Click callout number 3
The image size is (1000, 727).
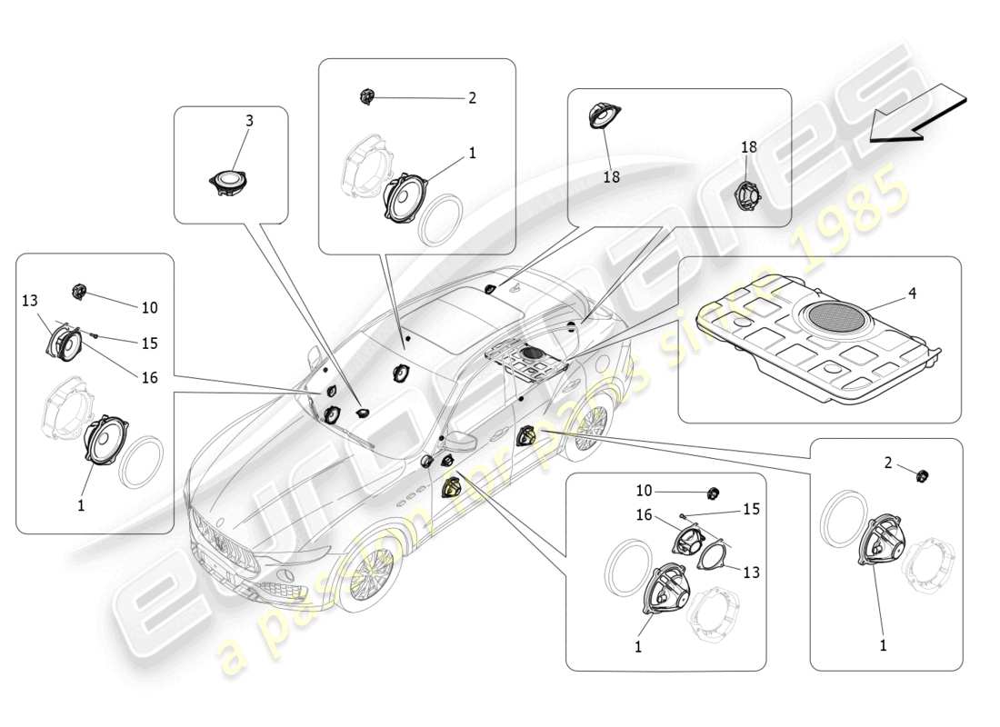249,120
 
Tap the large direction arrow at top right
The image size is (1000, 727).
915,114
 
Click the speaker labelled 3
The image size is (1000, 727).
228,181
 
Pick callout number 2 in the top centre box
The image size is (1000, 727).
472,98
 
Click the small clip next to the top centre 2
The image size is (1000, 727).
367,95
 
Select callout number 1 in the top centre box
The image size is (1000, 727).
472,154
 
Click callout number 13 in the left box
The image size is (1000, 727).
31,301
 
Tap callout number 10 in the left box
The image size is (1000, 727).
149,307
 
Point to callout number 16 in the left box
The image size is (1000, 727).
149,375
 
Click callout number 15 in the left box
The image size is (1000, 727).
149,343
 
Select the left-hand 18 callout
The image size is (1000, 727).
611,177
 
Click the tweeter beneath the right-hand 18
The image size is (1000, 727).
747,194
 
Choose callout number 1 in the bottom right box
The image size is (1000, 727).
882,646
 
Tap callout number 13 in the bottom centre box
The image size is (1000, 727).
751,573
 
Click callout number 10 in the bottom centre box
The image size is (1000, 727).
644,491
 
